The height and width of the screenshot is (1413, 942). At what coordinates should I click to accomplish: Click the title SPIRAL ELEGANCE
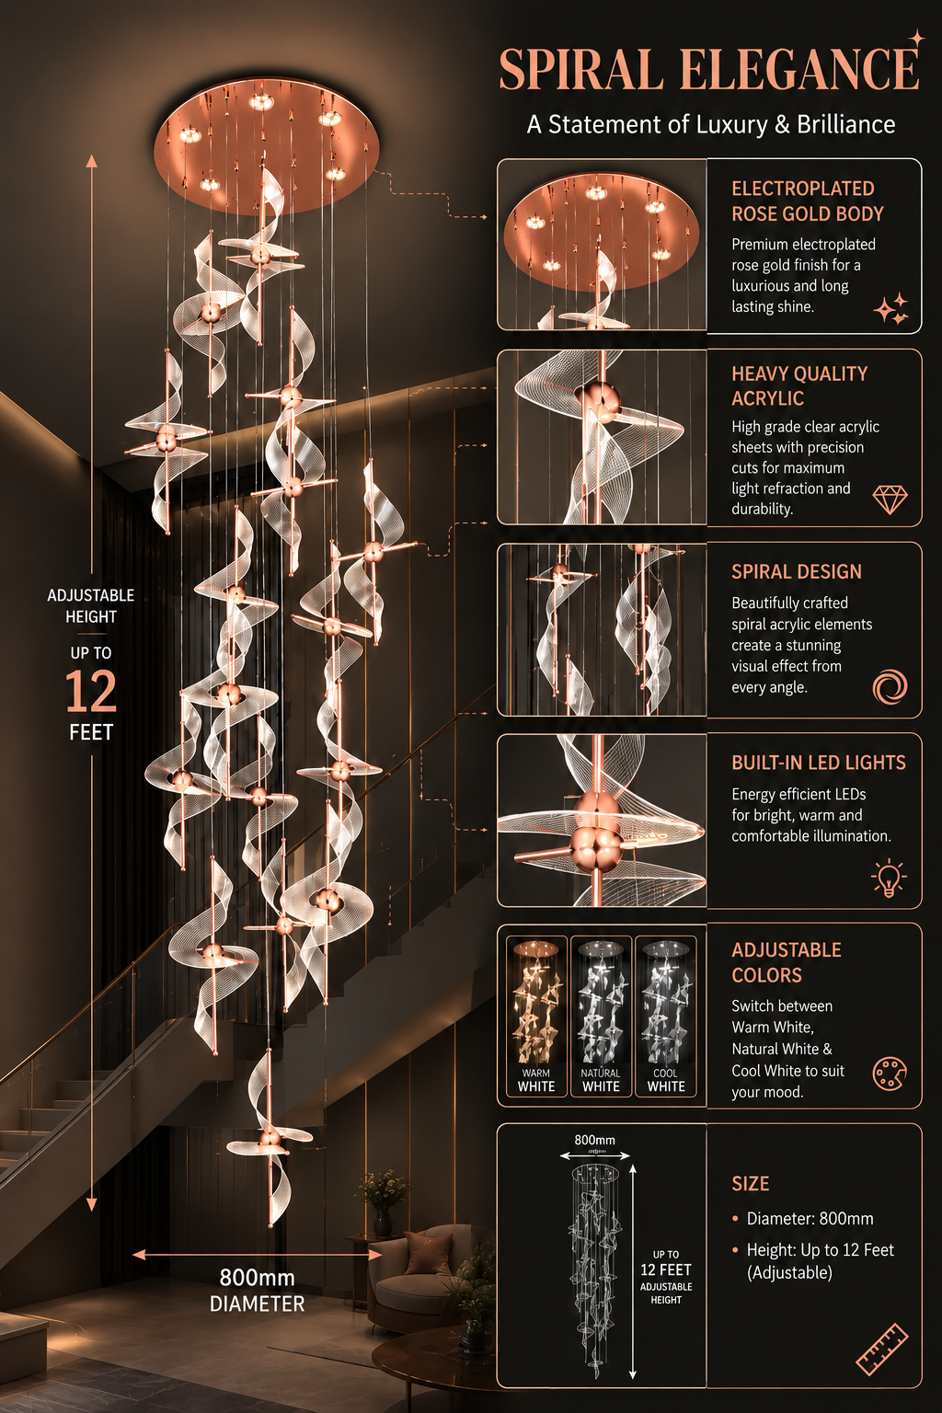(x=708, y=69)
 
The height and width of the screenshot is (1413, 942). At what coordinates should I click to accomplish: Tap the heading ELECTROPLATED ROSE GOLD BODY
(x=807, y=201)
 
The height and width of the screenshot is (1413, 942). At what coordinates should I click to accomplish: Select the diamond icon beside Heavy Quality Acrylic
(x=890, y=499)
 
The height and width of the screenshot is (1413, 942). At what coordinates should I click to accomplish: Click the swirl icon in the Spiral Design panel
(x=890, y=687)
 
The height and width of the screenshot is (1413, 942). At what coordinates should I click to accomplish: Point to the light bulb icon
(x=889, y=878)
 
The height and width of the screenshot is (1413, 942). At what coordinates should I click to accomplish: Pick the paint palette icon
(x=890, y=1074)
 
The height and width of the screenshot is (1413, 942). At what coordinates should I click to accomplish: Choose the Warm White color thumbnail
(x=536, y=1017)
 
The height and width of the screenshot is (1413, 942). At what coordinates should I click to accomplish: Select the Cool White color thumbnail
(x=666, y=1017)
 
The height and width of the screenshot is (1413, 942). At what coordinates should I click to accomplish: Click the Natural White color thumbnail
(x=601, y=1017)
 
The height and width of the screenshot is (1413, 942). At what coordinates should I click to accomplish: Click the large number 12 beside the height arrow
(x=91, y=692)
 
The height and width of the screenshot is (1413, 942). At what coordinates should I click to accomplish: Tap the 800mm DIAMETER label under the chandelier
(x=257, y=1291)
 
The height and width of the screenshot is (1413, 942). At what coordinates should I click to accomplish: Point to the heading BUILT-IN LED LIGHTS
(x=819, y=763)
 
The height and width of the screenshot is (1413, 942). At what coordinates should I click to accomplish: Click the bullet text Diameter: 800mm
(x=810, y=1219)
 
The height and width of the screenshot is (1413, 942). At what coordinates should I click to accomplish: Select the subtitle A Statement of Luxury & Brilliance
(x=711, y=124)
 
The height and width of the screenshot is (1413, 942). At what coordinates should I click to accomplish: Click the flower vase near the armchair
(x=383, y=1202)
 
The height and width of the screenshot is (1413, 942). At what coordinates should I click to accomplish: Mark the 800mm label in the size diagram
(x=594, y=1140)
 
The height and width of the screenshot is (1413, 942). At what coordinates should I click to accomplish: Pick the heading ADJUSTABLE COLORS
(x=787, y=962)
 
